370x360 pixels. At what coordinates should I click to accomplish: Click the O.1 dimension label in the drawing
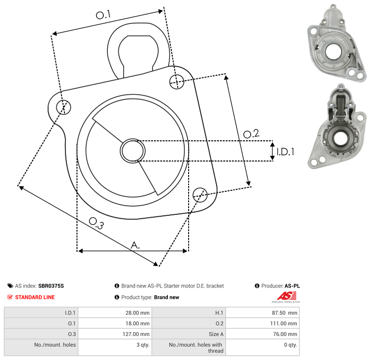103,15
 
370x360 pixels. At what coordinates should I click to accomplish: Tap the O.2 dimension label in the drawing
251,134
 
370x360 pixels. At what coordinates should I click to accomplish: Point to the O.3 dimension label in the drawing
96,223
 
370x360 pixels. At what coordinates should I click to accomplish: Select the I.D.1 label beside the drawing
285,152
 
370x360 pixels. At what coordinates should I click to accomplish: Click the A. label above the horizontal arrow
135,245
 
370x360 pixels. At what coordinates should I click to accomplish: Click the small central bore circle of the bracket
133,151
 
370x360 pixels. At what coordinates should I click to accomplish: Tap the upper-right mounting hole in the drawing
177,82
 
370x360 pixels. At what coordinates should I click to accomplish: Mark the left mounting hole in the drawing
64,107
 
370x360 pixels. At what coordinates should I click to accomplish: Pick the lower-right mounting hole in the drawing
200,195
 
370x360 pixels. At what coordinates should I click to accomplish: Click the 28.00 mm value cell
115,313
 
